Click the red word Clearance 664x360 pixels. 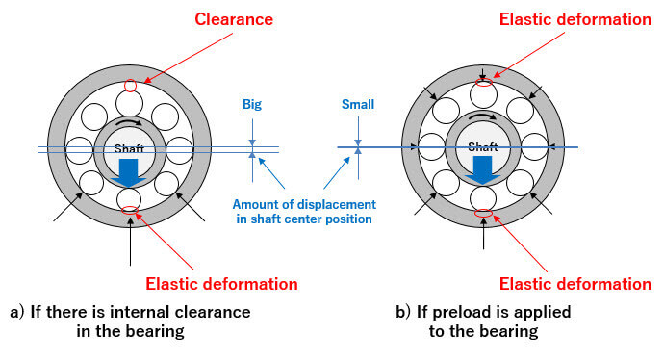(234, 19)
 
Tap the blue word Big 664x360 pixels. (252, 105)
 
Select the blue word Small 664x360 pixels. (358, 104)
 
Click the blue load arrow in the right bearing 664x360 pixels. (482, 170)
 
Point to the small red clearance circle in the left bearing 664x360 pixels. (131, 86)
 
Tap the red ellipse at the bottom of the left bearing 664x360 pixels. (130, 210)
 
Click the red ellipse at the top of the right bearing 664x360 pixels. (484, 82)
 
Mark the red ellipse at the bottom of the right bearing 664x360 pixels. (484, 213)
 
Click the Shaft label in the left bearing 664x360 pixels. (129, 148)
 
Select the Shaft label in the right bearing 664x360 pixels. (483, 147)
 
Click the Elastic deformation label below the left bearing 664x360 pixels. (221, 284)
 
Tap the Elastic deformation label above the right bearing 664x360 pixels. (575, 19)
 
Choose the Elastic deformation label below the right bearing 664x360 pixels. (575, 284)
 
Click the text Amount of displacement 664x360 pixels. (304, 205)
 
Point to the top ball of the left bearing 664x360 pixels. (130, 103)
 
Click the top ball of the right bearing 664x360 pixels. (483, 94)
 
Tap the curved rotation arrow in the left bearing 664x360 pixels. (130, 121)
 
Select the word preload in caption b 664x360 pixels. (458, 313)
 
